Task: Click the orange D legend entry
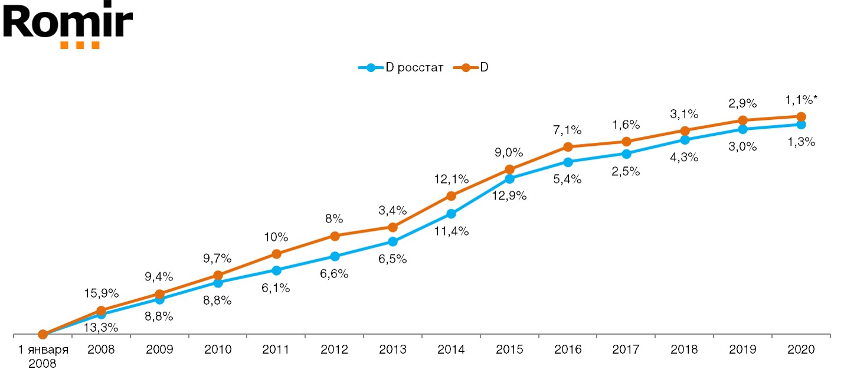pos(472,68)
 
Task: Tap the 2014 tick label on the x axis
pos(451,349)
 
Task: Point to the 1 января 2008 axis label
pos(42,356)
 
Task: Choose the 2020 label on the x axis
pos(801,349)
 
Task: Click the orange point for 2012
pos(335,236)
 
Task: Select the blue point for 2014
pos(451,214)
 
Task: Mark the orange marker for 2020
pos(801,117)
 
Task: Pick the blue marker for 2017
pos(626,153)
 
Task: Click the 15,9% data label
pos(102,293)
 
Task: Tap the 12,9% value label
pos(510,195)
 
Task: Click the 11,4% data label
pos(452,231)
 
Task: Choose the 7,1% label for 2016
pos(567,129)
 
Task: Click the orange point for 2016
pos(568,146)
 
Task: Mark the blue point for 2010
pos(218,283)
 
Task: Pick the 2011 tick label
pos(276,349)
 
